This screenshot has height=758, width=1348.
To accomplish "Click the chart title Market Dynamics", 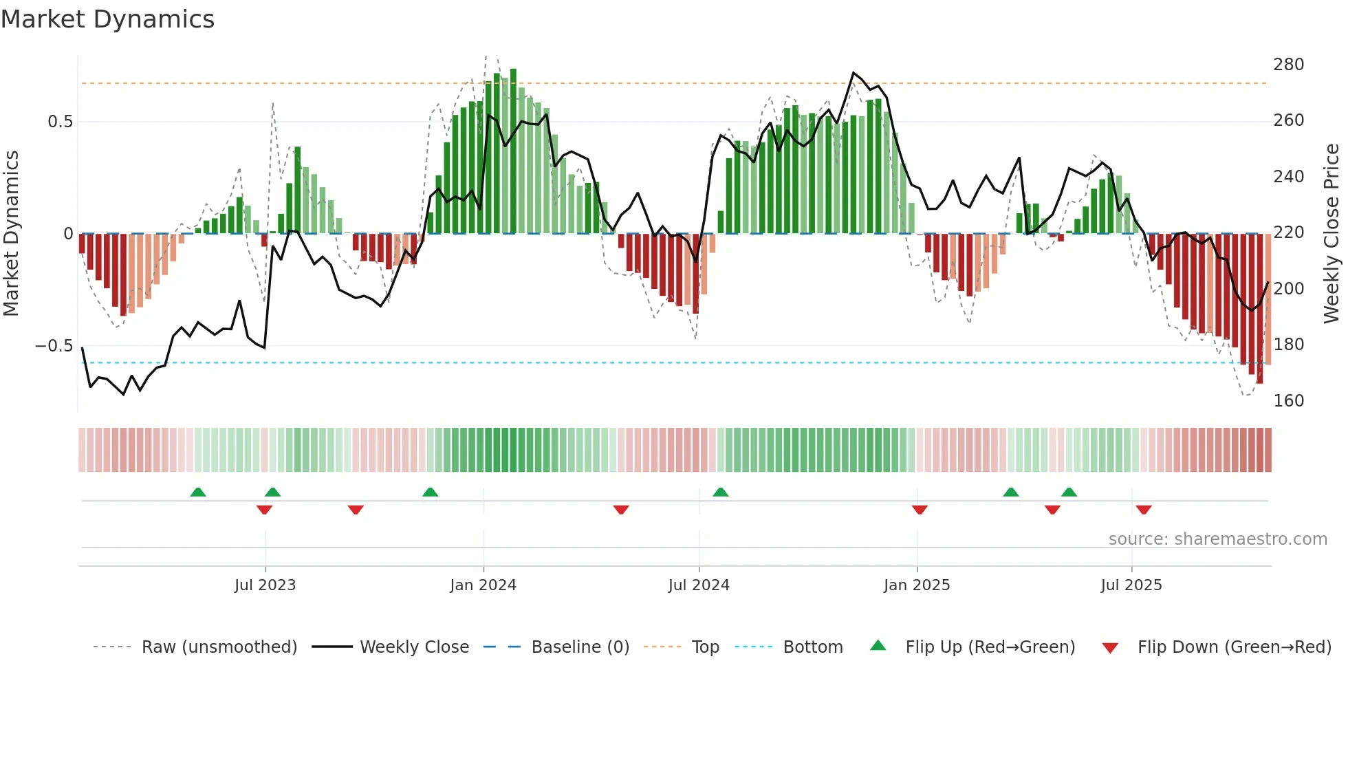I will click(108, 19).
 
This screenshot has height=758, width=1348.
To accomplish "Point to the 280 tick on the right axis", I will click(1288, 65).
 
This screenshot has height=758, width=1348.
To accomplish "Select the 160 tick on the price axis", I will click(1288, 401).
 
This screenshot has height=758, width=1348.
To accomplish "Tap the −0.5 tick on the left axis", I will click(54, 346).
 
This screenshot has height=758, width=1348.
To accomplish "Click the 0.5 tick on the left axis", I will click(60, 122).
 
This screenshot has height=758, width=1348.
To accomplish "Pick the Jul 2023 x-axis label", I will click(265, 585).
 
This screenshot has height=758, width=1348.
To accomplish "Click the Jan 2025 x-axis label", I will click(917, 585).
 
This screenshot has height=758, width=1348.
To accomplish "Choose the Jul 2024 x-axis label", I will click(699, 585).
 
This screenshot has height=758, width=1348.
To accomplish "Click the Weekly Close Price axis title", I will click(1331, 234).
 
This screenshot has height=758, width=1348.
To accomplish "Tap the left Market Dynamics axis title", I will click(12, 234).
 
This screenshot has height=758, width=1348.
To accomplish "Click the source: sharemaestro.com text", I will click(1217, 539).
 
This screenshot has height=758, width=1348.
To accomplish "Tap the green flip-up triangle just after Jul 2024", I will click(720, 492).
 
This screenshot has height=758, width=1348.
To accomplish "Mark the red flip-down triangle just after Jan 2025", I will click(920, 510).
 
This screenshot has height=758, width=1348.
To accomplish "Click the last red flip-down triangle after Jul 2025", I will click(1144, 510).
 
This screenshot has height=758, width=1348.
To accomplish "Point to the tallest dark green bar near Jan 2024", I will click(513, 151).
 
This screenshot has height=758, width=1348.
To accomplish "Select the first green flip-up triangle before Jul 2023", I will click(198, 492).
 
